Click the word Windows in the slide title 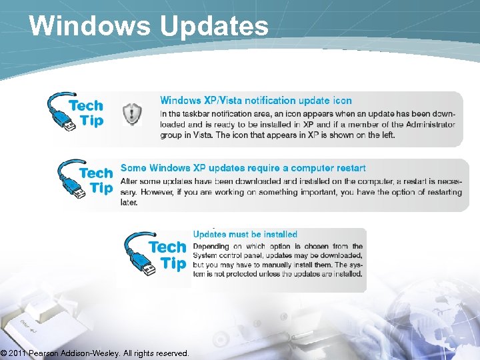89,25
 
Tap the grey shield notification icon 132,115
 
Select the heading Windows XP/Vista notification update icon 255,101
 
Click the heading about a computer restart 243,168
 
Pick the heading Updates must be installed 245,234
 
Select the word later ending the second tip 129,202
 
